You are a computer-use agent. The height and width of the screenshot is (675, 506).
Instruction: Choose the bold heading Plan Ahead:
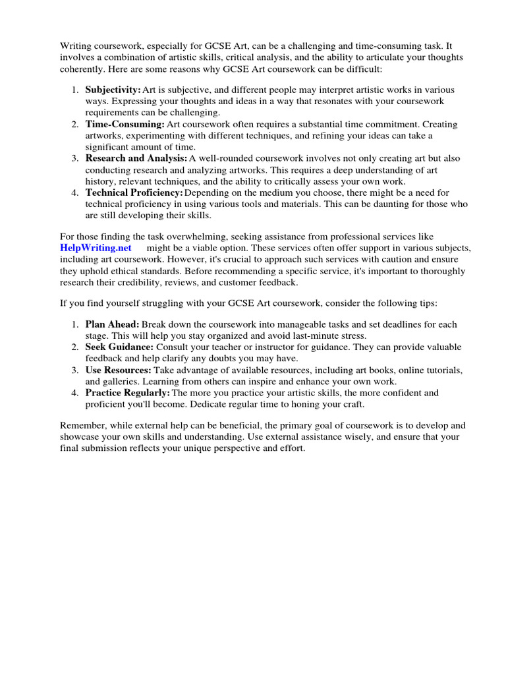[x=112, y=324]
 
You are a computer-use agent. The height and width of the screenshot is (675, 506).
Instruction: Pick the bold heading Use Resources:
[x=118, y=370]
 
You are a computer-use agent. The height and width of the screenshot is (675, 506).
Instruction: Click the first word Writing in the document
[x=76, y=45]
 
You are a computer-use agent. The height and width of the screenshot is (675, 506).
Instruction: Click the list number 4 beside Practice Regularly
[x=76, y=393]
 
